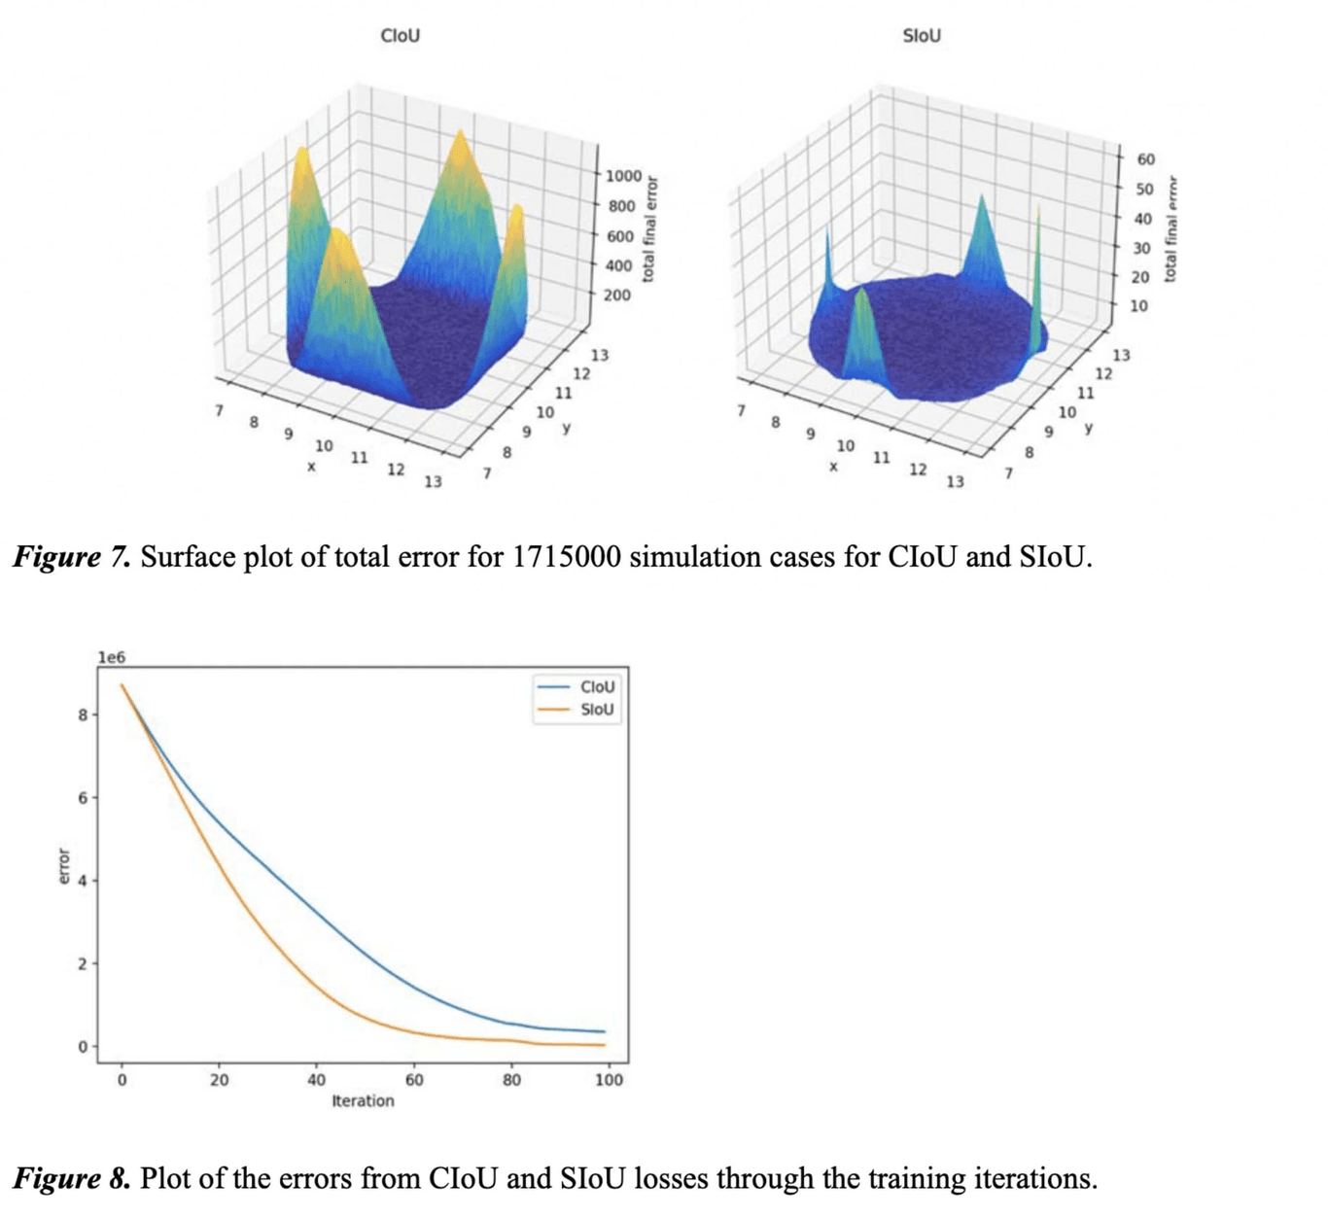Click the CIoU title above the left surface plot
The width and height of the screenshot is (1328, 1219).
pos(400,36)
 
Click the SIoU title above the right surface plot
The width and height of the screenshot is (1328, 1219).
pos(922,36)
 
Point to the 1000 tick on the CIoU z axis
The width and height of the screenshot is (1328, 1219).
pos(623,176)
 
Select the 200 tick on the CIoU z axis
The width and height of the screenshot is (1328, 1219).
pos(617,295)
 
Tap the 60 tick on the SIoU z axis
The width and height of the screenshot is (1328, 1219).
pos(1146,159)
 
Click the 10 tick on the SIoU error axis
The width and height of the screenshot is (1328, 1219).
pos(1138,305)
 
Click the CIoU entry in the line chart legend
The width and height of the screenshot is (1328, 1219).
pos(596,686)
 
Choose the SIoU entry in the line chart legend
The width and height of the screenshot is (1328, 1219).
pos(596,710)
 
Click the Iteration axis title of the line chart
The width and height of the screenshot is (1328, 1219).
pos(363,1100)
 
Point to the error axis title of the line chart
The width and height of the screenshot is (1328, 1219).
pos(64,866)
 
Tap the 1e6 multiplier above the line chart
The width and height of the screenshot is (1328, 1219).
pos(112,657)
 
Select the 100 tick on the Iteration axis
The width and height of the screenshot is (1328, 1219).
pos(609,1079)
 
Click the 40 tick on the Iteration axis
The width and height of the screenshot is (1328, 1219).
pos(317,1079)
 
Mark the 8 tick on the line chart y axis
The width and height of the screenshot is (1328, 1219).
pos(84,714)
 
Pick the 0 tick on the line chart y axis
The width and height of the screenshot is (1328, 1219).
pos(84,1046)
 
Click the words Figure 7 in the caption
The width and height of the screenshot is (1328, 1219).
pos(70,557)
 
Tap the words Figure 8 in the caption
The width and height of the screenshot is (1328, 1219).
pos(70,1178)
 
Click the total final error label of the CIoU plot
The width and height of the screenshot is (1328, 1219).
pos(650,229)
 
